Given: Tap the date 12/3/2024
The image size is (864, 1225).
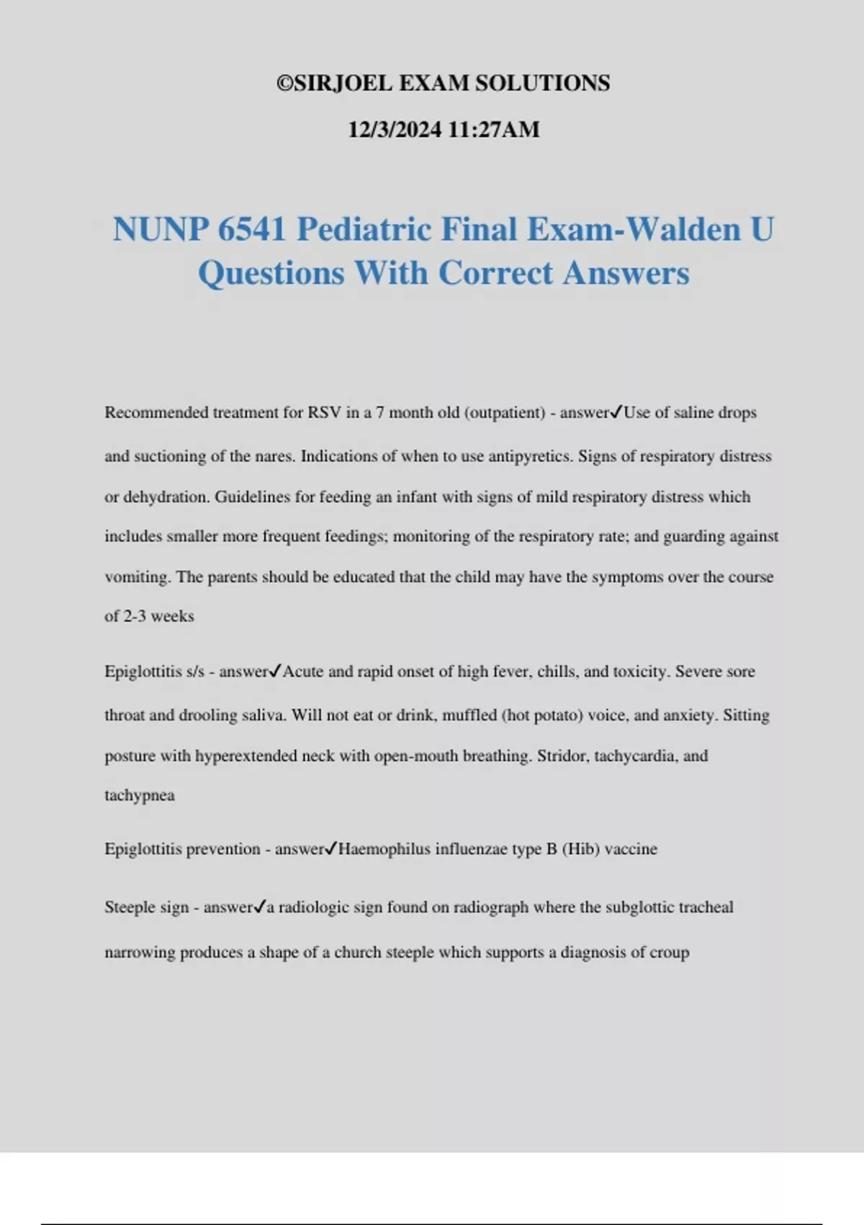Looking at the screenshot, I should [x=395, y=130].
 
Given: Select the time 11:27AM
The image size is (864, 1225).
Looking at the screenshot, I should [x=493, y=130].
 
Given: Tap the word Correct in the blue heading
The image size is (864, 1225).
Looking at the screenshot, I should [x=495, y=274].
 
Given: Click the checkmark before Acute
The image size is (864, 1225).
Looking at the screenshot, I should [x=275, y=672].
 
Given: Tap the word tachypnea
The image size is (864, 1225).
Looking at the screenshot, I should [x=140, y=796].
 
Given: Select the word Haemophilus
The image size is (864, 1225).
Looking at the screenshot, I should [x=384, y=850].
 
